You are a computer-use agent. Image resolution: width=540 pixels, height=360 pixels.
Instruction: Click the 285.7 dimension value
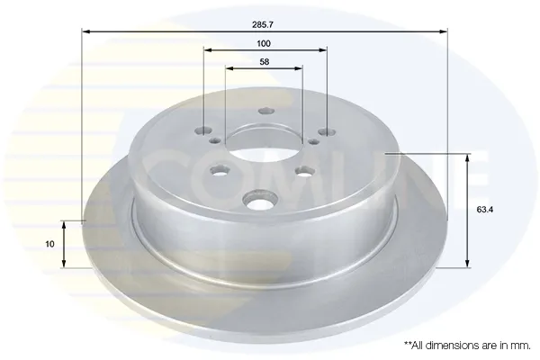[x=263, y=25]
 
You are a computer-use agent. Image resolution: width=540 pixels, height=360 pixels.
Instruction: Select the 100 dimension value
[x=264, y=44]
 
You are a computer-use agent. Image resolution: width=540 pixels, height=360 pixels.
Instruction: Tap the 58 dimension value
[x=264, y=62]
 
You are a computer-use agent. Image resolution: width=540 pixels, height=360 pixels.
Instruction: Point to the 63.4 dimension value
[x=485, y=210]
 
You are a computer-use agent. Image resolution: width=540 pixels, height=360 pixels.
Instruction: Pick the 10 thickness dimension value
[x=49, y=244]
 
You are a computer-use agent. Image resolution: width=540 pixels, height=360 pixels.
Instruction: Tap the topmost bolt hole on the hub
[x=265, y=111]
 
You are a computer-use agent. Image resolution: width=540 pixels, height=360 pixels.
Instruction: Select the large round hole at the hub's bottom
[x=260, y=200]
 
